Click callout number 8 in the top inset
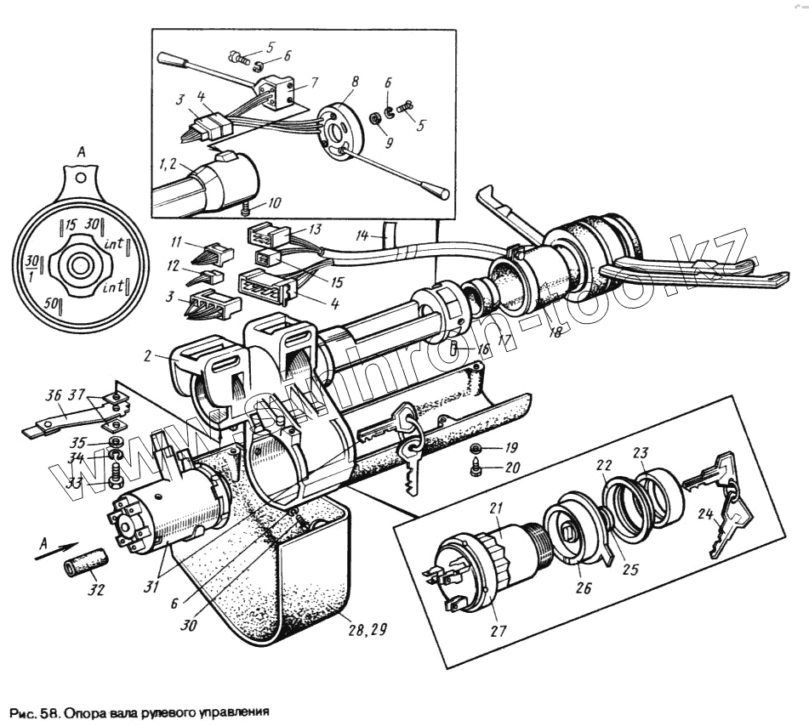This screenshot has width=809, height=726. [354, 82]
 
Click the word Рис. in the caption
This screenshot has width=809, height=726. [22, 709]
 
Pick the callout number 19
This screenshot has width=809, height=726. [511, 446]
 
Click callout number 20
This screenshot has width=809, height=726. [511, 467]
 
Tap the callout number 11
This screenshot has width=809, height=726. [176, 242]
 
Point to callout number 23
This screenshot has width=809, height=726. [664, 452]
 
